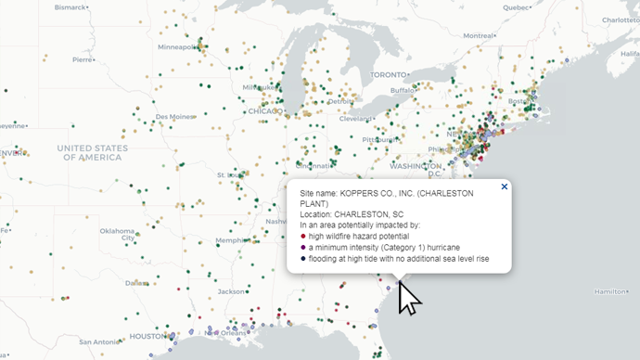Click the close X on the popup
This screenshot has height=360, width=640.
point(505,186)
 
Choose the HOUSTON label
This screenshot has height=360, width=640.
point(148,336)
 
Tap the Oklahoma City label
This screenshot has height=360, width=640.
point(118,234)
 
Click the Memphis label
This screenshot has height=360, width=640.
point(231,240)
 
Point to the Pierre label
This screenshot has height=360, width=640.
point(83,59)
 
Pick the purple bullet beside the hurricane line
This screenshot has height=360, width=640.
point(303,248)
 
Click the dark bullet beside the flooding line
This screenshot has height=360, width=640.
point(303,259)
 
